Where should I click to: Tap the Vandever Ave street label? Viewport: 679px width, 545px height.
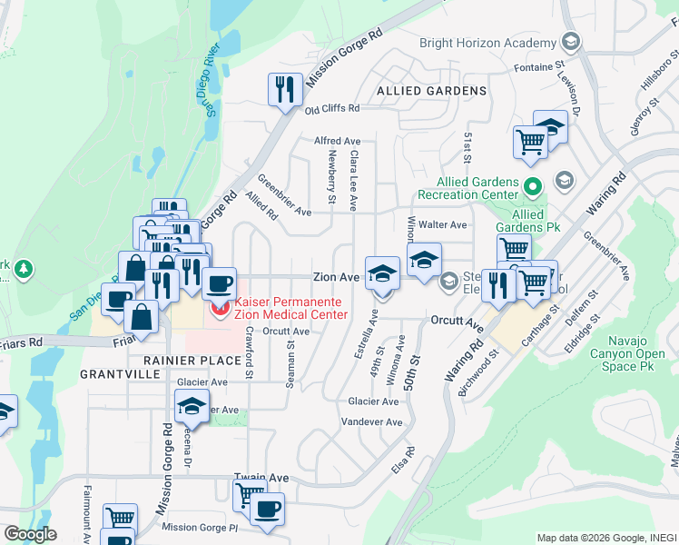(371, 422)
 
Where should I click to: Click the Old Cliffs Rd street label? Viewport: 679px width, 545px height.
(332, 109)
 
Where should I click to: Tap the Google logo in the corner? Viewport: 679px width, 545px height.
(30, 534)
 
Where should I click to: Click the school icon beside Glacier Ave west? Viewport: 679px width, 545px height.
(192, 406)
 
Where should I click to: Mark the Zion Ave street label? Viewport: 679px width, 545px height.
(336, 276)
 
